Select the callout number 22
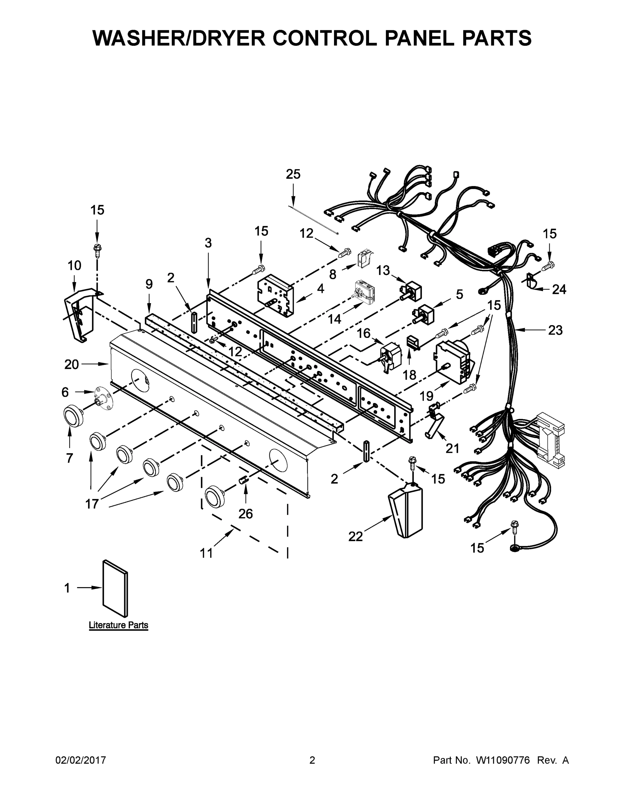point(356,536)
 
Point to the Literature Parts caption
point(118,625)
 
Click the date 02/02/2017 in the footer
point(81,760)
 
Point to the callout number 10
point(74,265)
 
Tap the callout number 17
point(92,503)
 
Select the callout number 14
point(335,318)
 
